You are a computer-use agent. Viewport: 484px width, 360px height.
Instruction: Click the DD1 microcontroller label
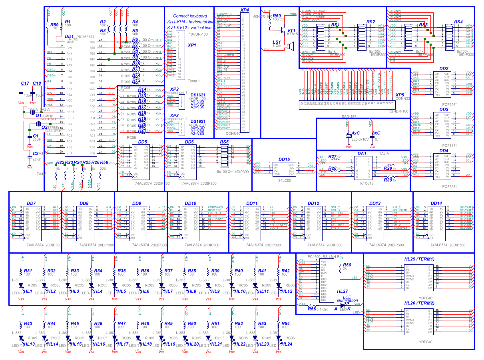69,36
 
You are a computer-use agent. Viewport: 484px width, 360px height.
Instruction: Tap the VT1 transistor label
291,30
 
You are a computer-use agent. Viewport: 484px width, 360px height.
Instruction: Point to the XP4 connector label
245,10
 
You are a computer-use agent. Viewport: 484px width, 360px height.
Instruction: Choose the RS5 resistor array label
224,142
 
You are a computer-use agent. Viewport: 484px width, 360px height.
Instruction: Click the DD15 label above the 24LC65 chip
284,159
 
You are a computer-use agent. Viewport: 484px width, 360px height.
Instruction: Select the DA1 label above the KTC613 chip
362,154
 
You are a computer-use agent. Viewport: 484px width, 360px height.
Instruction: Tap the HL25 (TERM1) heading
419,259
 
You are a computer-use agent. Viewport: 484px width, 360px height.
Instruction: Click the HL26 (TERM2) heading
419,303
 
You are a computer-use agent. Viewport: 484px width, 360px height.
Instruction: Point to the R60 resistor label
347,265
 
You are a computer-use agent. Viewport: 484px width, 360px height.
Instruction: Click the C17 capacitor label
25,83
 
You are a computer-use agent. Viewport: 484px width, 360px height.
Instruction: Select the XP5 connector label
400,95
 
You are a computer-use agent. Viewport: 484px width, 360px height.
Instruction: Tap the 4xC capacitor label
355,133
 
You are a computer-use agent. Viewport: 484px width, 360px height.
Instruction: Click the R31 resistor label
28,271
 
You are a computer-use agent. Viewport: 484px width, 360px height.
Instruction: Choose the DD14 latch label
436,203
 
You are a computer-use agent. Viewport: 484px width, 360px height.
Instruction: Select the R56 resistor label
312,309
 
